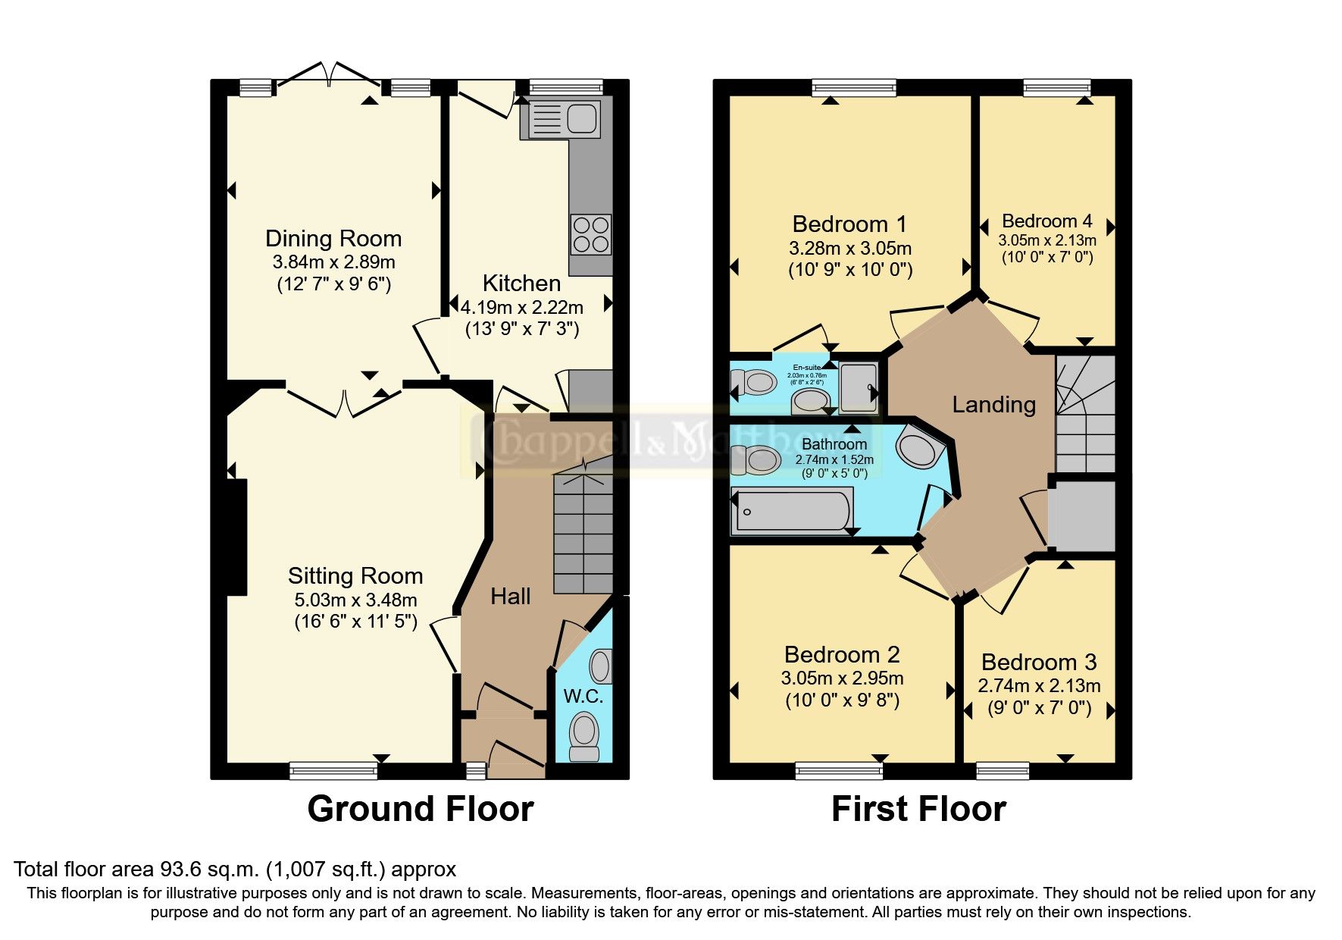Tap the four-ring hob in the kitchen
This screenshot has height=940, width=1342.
coord(591,234)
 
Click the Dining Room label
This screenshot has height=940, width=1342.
coord(333,239)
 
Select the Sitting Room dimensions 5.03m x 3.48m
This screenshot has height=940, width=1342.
coord(355,600)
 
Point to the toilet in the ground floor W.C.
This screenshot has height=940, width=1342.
coord(584,734)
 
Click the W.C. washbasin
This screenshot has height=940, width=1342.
coord(602,666)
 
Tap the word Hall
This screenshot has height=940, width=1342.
coord(510,597)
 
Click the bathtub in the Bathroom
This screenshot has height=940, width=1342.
coord(792,510)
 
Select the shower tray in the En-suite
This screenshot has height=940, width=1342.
coord(859,385)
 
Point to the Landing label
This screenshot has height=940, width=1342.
coord(993,405)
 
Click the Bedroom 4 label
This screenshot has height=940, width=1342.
coord(1046,221)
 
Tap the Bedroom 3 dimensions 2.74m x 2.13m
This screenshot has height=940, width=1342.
coord(1039,686)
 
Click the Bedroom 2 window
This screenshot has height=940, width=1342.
coord(839,771)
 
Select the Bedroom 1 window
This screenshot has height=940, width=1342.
coord(854,88)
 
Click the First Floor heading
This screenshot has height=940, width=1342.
coord(918,809)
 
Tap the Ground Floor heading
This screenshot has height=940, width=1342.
coord(421,809)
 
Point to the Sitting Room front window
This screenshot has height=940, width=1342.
coord(333,771)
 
